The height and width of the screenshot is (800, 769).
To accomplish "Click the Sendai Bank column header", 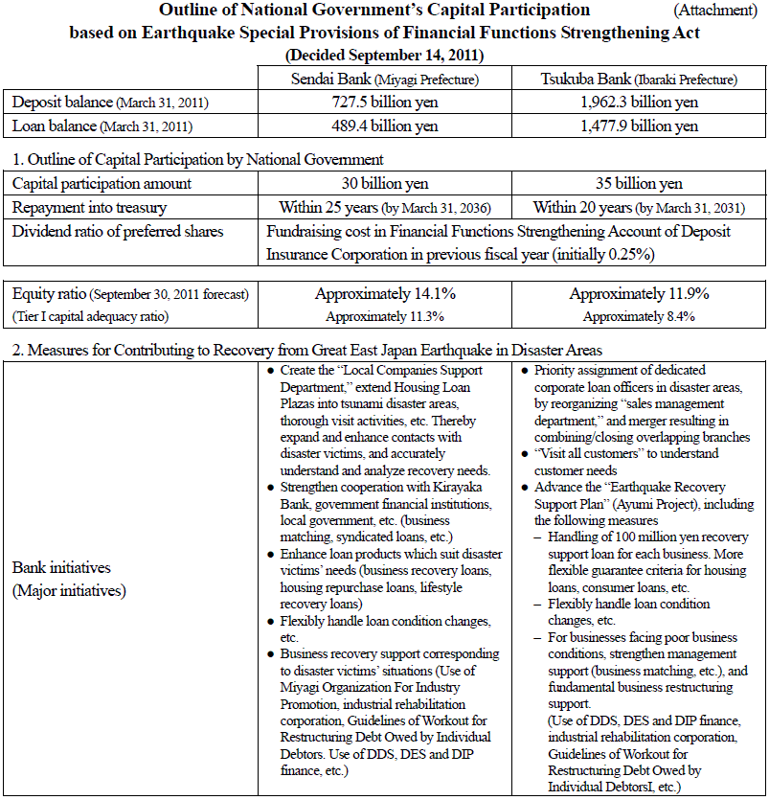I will (385, 79).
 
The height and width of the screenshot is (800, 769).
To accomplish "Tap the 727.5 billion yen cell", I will (385, 102).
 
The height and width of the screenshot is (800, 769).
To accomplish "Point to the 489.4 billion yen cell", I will (385, 125).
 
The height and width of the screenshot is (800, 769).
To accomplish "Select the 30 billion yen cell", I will (385, 183).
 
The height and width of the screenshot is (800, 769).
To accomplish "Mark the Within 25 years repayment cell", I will (385, 207).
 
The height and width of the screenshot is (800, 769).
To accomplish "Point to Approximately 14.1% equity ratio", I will (385, 294).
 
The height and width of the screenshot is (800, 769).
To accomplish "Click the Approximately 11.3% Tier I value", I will (385, 316).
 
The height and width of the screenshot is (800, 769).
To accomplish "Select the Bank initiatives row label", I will (69, 578).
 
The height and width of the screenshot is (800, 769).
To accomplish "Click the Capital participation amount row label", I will (102, 183).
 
